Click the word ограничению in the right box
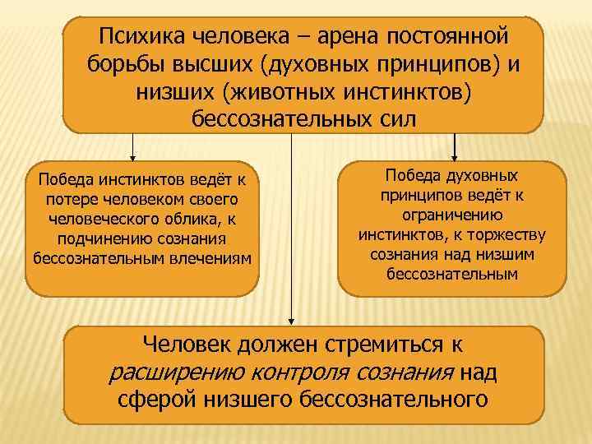point(451,215)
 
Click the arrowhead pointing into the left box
point(132,155)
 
